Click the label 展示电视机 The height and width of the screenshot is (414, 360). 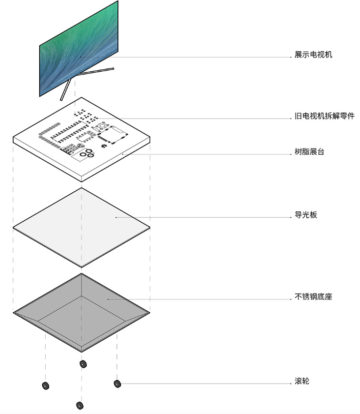313,55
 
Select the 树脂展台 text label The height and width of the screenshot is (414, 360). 309,152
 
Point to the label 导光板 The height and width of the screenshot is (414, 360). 306,215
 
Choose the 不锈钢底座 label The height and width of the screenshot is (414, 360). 313,297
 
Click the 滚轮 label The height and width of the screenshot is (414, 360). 302,381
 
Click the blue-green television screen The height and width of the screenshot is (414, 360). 79,49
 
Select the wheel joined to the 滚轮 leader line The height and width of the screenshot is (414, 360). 117,383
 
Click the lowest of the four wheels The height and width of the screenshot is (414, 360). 80,405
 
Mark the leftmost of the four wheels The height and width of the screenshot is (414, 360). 46,385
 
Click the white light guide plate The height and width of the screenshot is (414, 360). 81,221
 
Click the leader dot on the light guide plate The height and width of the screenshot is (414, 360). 116,216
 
